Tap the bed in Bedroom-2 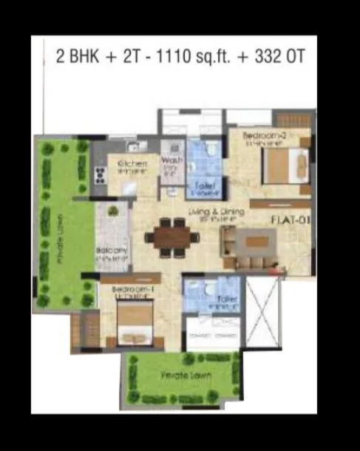[285, 166]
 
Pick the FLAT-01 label [288, 220]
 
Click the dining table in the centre [172, 237]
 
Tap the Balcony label [112, 251]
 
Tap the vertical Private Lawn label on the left [57, 237]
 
